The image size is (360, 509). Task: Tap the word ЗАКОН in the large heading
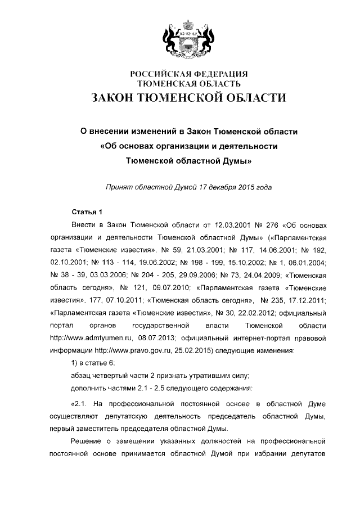116,98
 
